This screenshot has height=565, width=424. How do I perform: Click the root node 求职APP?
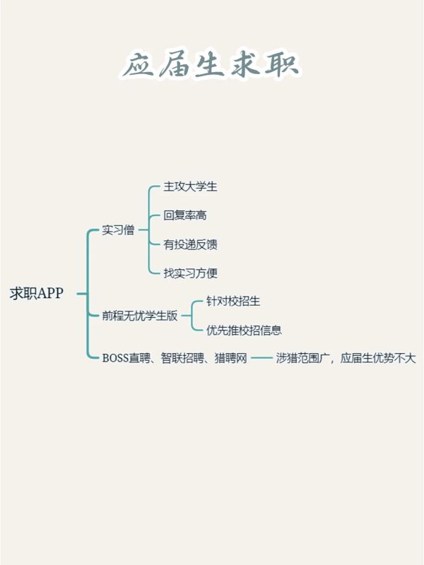[37, 293]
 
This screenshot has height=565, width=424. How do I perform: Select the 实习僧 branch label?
[118, 230]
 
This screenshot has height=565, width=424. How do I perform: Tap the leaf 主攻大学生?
[190, 186]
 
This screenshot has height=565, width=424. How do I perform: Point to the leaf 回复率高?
[185, 215]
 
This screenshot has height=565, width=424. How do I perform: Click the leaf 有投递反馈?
[190, 244]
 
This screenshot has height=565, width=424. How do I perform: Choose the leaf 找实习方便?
[190, 273]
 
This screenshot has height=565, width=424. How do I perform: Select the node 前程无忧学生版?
[140, 316]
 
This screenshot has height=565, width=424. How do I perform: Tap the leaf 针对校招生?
[233, 301]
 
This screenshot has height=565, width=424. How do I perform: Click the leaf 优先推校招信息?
[244, 330]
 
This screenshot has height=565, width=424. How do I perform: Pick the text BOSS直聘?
[126, 358]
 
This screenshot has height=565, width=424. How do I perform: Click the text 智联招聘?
[182, 358]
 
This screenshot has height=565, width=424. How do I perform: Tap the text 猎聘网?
[231, 358]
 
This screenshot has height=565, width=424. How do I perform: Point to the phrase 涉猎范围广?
[303, 358]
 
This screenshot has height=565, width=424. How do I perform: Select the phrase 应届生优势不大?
[378, 358]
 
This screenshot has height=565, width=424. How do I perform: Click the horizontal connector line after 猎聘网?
[261, 358]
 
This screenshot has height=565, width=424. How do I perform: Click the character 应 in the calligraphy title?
[139, 66]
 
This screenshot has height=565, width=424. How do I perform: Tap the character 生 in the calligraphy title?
[208, 65]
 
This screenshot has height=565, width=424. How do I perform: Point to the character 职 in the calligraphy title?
[282, 64]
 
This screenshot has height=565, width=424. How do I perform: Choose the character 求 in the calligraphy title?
[245, 64]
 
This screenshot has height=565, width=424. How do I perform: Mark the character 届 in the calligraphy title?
[175, 65]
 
